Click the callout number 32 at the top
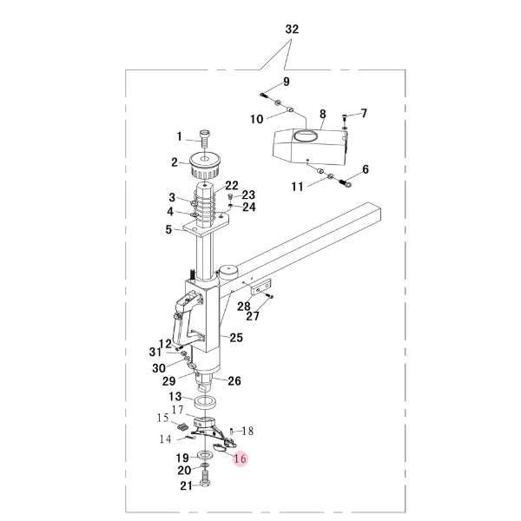pyautogui.click(x=292, y=30)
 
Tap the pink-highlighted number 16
pyautogui.click(x=241, y=458)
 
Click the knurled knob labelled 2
pyautogui.click(x=205, y=166)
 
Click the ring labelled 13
pyautogui.click(x=205, y=404)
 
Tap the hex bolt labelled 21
pyautogui.click(x=205, y=481)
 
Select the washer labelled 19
pyautogui.click(x=203, y=454)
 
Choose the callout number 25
pyautogui.click(x=236, y=338)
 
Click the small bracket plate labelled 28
pyautogui.click(x=260, y=287)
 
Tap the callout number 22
pyautogui.click(x=232, y=186)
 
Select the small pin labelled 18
pyautogui.click(x=232, y=432)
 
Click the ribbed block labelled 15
pyautogui.click(x=181, y=426)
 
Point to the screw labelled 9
pyautogui.click(x=263, y=96)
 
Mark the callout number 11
pyautogui.click(x=297, y=187)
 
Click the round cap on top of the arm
pyautogui.click(x=228, y=272)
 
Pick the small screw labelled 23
pyautogui.click(x=230, y=197)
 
